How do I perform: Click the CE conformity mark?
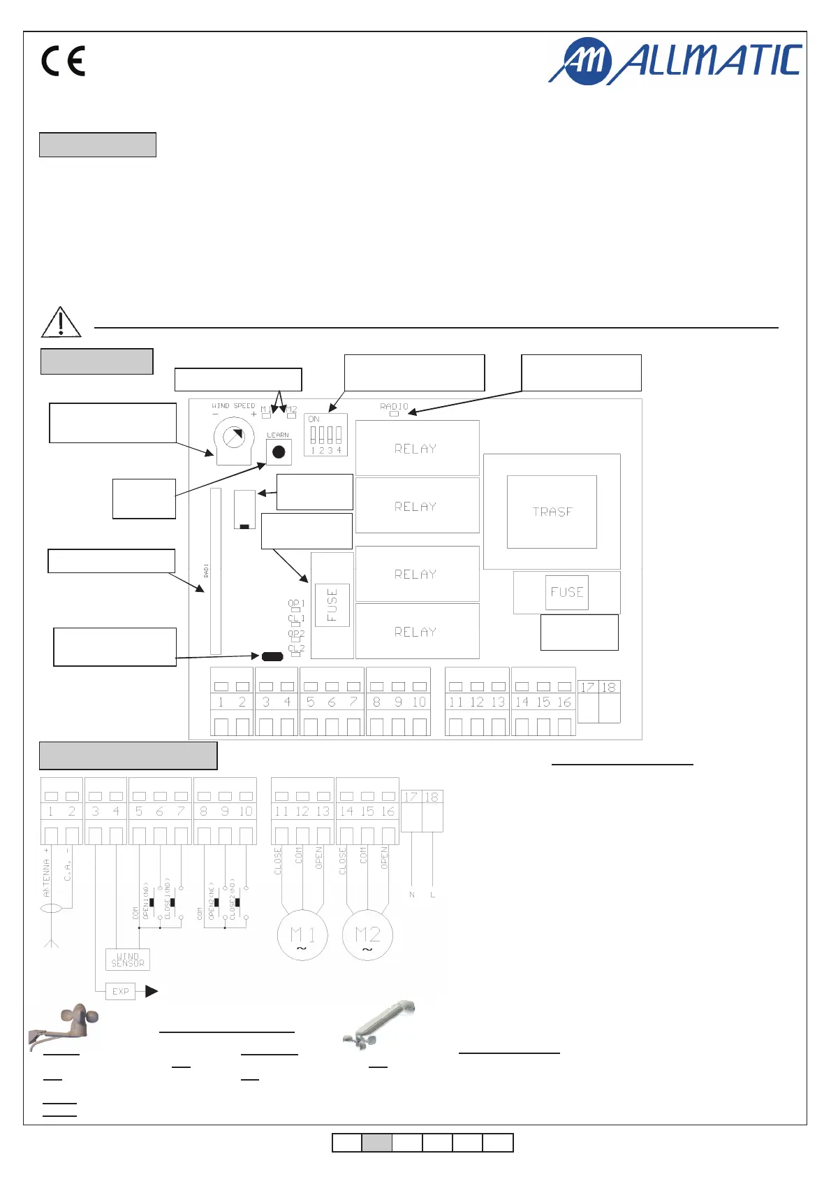63,61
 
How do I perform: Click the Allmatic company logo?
675,61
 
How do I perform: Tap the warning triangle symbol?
61,322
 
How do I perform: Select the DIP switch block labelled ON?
325,435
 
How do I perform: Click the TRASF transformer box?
552,512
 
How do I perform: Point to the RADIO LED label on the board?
394,406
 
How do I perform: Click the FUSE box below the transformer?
567,593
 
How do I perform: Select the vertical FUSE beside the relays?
332,605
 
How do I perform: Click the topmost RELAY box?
417,448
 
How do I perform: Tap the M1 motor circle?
302,935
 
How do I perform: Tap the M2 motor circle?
367,935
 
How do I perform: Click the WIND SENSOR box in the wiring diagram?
128,960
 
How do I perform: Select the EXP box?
120,991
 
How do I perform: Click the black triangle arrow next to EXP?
152,991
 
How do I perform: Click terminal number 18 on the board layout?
609,688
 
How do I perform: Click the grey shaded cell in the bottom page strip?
377,1143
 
